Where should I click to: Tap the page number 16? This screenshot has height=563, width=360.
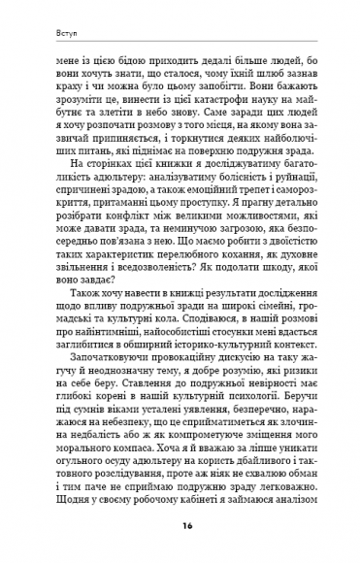(180, 525)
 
